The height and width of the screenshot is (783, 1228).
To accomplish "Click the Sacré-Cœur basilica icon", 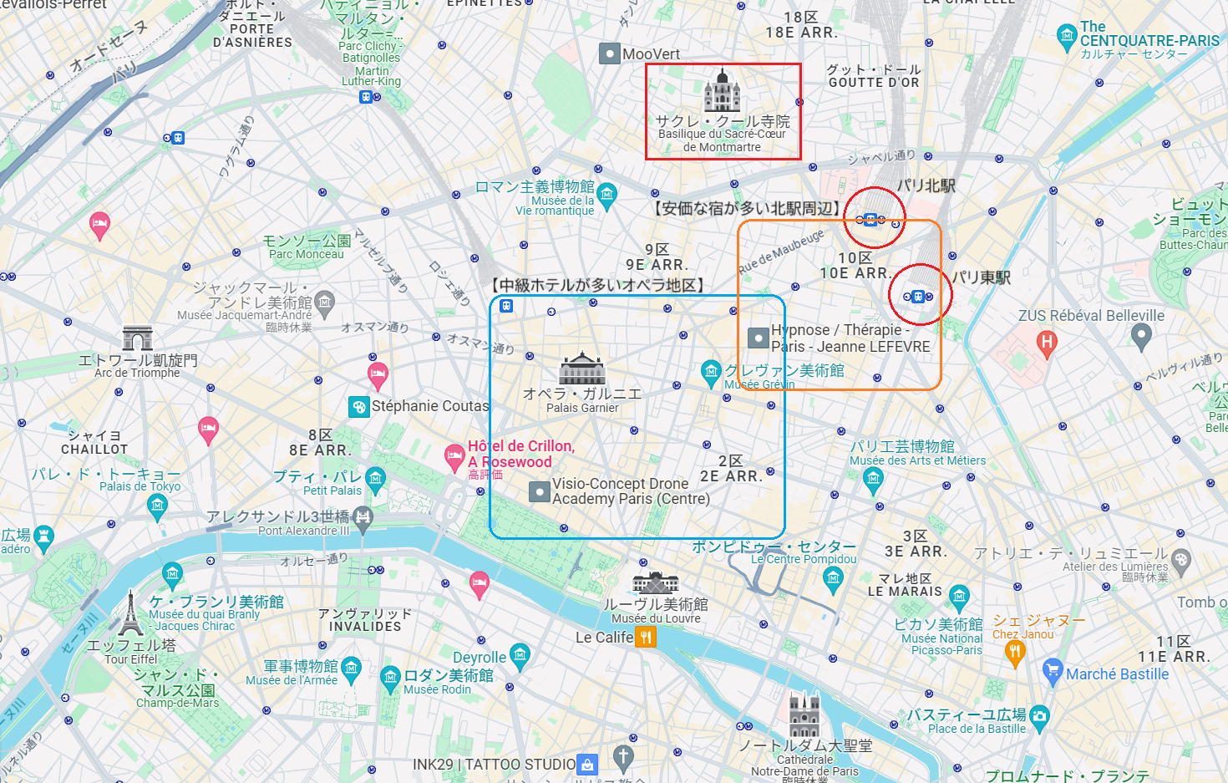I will [x=722, y=91].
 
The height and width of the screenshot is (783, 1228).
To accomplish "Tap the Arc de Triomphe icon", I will [x=137, y=338].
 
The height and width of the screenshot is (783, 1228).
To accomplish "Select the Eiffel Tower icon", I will [x=129, y=614].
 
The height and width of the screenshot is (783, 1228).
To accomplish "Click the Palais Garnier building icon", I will [x=582, y=369].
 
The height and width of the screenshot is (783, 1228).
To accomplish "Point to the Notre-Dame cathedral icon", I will [x=804, y=714].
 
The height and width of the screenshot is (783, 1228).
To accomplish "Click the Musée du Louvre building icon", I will [x=656, y=582].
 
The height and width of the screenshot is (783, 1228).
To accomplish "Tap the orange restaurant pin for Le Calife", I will [x=645, y=638].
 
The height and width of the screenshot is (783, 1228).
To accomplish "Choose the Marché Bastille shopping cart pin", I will [x=1053, y=670].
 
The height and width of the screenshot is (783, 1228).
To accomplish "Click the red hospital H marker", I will [x=1046, y=342].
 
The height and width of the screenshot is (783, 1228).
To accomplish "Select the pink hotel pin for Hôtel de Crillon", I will [x=454, y=456].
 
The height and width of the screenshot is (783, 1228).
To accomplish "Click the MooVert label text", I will [x=651, y=54].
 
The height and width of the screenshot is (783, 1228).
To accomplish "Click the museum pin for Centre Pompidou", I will [x=833, y=577].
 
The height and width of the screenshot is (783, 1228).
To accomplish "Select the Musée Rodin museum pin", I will [x=390, y=678].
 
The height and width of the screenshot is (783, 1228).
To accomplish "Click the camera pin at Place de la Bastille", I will [x=1039, y=715].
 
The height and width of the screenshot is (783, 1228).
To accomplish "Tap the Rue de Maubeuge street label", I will [x=781, y=251].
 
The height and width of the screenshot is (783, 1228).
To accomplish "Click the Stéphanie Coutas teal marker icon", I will [x=358, y=407].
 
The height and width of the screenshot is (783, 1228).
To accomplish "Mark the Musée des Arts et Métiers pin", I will [x=874, y=479].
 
